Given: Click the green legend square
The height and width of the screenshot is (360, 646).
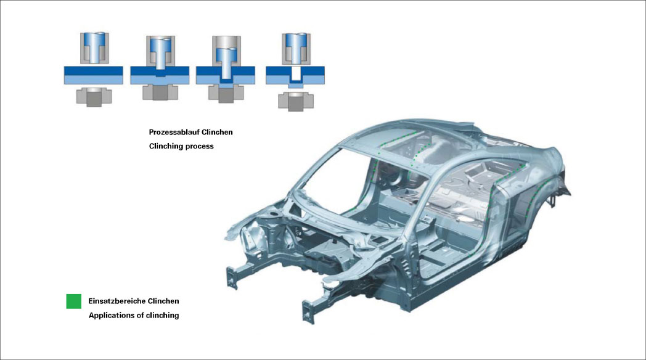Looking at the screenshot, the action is tap(74, 301).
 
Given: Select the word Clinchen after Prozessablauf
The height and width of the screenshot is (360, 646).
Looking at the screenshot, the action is tap(217, 132).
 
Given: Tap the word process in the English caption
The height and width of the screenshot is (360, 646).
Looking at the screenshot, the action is tap(199, 146).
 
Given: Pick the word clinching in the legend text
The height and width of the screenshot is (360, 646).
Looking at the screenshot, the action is tap(162, 316).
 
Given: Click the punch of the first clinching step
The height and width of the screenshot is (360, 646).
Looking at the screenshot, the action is tap(94, 47).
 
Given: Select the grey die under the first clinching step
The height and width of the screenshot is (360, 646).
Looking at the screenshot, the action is tap(94, 97).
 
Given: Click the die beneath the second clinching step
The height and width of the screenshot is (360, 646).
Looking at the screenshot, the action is tap(160, 92).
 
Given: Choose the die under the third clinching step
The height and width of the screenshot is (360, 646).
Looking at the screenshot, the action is tap(226, 93).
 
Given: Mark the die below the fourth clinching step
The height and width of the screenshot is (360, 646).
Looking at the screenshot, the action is tap(296, 101).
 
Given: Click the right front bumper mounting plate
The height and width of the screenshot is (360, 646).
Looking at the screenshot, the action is tap(308, 311).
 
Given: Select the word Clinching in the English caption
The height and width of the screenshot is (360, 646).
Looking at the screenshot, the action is tap(166, 146).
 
